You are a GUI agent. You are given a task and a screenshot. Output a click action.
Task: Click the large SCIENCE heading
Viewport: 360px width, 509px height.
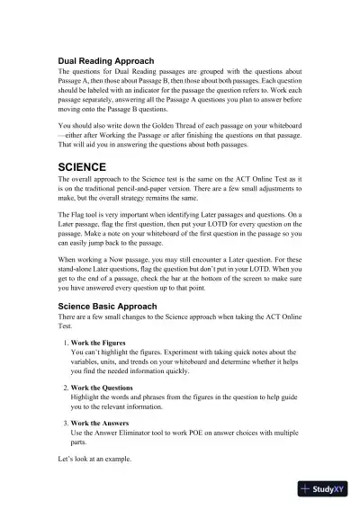(x=82, y=167)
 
